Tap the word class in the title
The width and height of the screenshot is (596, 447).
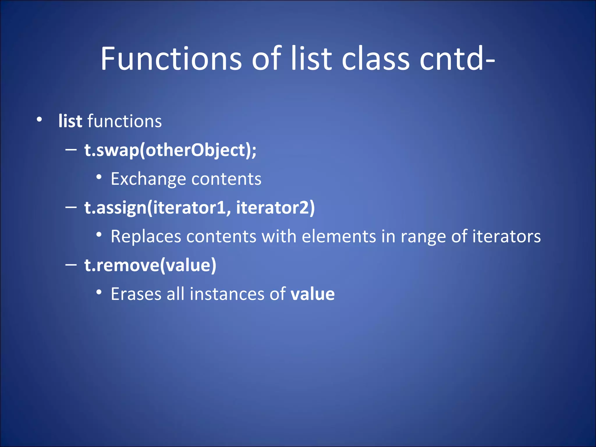pos(375,59)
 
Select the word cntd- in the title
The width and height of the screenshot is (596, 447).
pos(457,59)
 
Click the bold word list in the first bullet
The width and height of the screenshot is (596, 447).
pos(70,121)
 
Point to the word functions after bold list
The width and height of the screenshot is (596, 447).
pos(125,121)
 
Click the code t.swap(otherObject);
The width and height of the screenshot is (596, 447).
pos(170,150)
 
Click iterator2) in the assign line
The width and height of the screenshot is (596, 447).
pos(275,207)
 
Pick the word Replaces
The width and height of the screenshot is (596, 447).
pos(146,236)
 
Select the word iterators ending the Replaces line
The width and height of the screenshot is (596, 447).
pos(506,236)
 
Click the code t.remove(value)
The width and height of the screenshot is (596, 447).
pos(150,265)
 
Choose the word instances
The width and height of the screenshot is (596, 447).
pos(227,294)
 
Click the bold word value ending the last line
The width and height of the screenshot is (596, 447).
pos(313,294)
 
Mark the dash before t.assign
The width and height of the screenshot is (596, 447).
pos(71,207)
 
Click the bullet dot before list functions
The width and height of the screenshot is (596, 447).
pos(39,119)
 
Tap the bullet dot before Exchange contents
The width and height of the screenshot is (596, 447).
pos(99,177)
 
